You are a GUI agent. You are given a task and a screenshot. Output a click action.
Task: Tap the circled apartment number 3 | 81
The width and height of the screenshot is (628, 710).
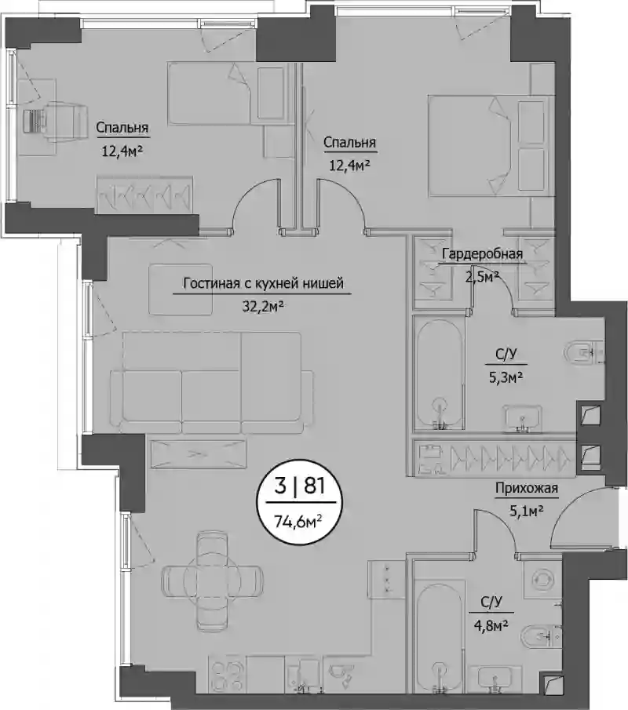coord(300,486)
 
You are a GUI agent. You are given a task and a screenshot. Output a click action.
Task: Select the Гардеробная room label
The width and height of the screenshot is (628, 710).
coord(482,253)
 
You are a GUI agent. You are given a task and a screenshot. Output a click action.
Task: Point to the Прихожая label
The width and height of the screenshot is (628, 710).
coord(526,488)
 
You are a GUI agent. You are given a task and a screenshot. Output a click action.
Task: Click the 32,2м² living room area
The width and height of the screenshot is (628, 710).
coord(263,307)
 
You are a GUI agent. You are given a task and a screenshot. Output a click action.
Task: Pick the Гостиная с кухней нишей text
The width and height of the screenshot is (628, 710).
coord(263,283)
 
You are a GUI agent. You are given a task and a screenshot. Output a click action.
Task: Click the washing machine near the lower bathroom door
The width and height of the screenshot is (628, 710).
coord(542,579)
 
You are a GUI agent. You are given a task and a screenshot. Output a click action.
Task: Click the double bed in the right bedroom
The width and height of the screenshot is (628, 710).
coord(491,145)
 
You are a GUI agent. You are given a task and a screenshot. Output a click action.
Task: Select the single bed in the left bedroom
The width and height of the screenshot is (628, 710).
coord(228,93)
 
